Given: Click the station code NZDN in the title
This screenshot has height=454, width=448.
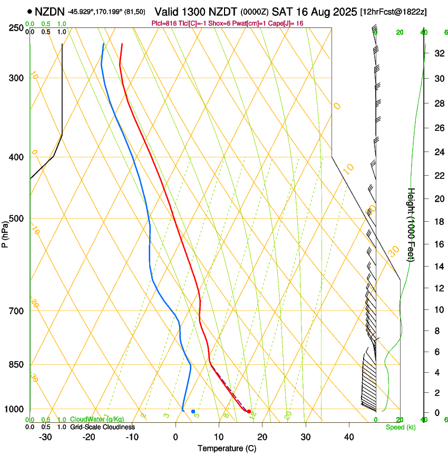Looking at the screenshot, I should tap(50, 11).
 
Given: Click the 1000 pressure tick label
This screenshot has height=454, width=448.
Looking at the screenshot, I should tap(13, 409).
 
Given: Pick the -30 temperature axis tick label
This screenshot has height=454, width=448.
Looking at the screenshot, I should tap(45, 437).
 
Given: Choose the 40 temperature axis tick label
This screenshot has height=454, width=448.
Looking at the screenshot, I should tap(349, 437).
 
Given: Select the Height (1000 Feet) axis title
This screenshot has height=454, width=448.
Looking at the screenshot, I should tap(412, 224).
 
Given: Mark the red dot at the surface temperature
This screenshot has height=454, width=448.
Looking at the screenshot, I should tap(249, 411).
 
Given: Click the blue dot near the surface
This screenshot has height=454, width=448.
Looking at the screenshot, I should tap(193, 411).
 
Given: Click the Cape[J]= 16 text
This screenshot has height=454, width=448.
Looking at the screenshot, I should tap(289, 23).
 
